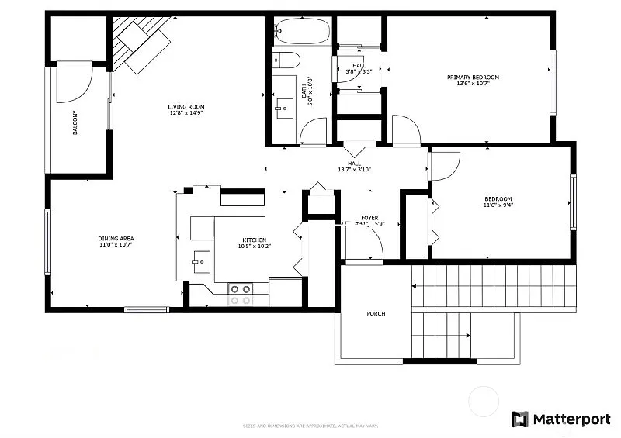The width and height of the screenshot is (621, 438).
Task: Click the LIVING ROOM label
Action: click(x=186, y=107)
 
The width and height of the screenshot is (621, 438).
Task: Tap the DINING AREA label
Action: click(x=116, y=238)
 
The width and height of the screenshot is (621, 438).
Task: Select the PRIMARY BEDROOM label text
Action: click(x=473, y=78)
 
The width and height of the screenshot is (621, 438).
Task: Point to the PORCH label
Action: click(x=376, y=314)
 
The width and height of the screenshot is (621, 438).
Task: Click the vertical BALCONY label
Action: click(x=75, y=123)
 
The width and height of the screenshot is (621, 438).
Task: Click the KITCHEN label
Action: click(x=254, y=240)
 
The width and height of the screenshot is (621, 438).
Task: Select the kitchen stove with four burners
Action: click(x=241, y=294)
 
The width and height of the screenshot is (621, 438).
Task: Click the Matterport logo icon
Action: click(x=519, y=419)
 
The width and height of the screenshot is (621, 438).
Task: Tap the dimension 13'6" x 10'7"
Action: click(x=473, y=84)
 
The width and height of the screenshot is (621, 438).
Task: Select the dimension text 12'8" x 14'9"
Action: click(x=186, y=113)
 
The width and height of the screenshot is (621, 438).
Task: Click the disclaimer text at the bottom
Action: click(x=310, y=425)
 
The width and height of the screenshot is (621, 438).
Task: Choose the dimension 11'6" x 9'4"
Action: click(x=498, y=205)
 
